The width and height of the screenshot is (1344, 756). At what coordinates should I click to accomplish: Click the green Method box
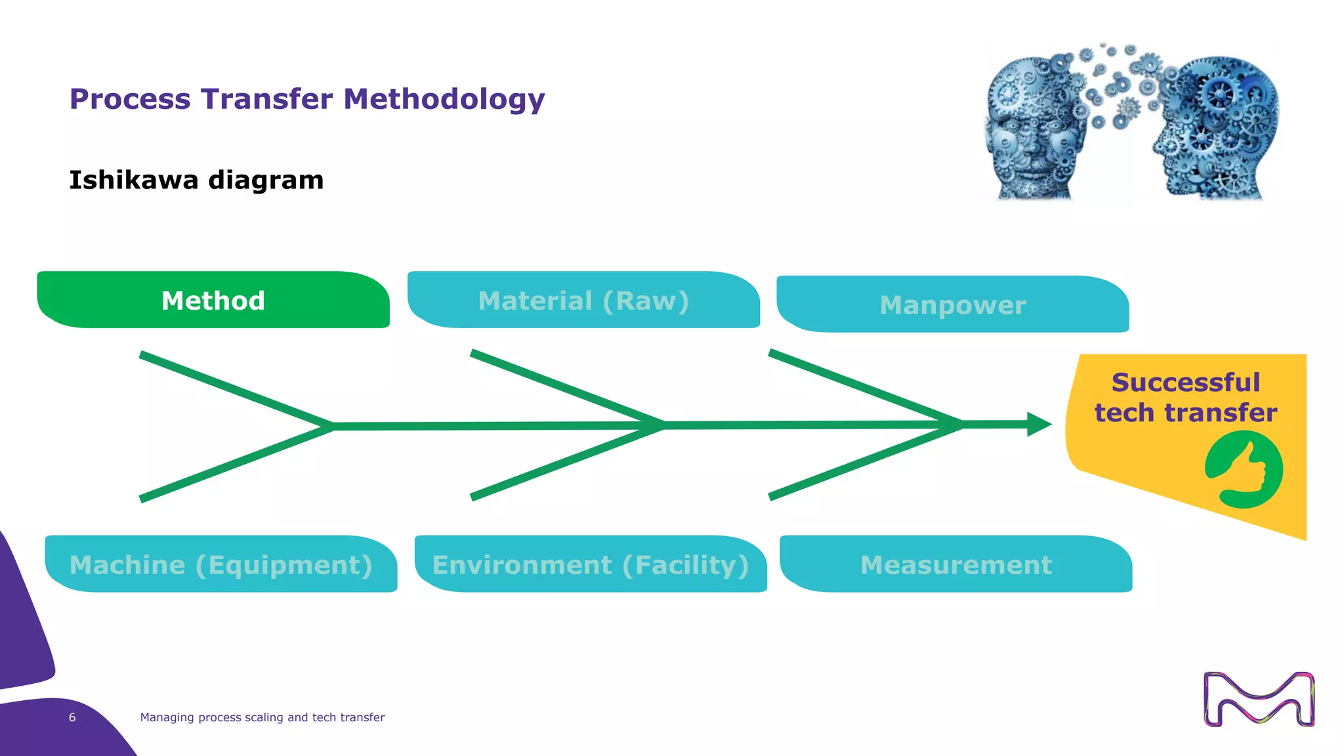213,300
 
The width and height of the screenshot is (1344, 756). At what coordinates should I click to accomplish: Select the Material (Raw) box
583,300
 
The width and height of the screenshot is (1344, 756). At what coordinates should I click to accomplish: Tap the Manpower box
952,304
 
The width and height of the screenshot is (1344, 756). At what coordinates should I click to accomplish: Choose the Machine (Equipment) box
221,564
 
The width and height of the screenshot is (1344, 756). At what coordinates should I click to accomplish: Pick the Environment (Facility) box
591,564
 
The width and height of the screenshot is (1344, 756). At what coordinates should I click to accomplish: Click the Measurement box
956,564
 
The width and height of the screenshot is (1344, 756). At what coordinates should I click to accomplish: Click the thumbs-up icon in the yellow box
1244,470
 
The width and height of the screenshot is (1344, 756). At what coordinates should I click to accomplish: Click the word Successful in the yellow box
1185,382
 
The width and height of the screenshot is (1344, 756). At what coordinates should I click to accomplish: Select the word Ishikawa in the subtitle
133,180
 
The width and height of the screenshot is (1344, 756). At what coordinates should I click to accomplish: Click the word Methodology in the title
444,99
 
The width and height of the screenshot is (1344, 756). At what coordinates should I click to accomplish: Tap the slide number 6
72,717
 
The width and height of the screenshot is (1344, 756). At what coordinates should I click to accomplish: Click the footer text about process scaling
262,717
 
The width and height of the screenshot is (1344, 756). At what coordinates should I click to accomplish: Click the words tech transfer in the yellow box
1185,413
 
